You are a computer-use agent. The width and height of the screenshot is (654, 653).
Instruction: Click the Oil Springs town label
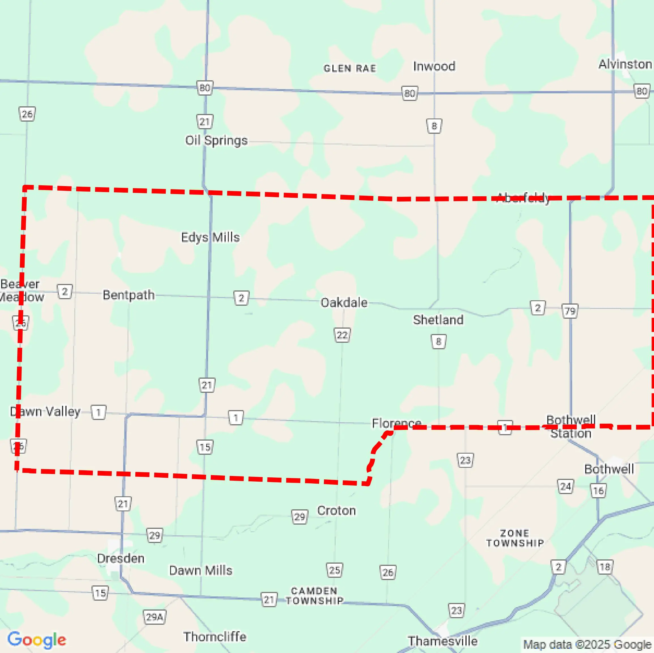click(x=216, y=140)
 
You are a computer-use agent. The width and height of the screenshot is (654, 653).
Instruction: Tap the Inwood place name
click(x=434, y=66)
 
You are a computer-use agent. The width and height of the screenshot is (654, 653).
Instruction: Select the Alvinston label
click(x=625, y=64)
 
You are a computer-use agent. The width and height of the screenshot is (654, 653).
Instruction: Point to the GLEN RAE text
click(x=350, y=69)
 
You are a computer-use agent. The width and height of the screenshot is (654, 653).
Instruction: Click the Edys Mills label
click(x=210, y=237)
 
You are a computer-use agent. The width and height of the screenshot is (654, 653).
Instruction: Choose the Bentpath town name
click(x=129, y=295)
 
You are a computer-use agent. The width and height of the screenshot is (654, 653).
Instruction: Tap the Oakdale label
click(x=344, y=303)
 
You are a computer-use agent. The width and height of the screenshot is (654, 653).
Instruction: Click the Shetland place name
click(x=438, y=320)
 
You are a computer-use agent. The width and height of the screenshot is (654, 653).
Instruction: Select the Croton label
click(x=336, y=511)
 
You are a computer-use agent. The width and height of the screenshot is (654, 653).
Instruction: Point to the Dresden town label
click(x=121, y=558)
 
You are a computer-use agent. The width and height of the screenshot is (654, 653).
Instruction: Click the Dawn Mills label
click(x=201, y=570)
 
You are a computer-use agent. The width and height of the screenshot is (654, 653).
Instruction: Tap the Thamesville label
click(x=443, y=641)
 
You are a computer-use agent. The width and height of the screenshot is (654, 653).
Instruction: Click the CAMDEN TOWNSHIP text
click(x=314, y=596)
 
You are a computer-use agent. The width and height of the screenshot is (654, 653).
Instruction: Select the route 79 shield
click(x=570, y=311)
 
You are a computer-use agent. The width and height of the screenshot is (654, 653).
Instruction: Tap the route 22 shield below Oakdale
click(x=342, y=335)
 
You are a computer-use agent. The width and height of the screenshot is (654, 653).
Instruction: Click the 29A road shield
click(x=154, y=617)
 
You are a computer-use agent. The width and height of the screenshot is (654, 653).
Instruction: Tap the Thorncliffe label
click(x=215, y=637)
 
